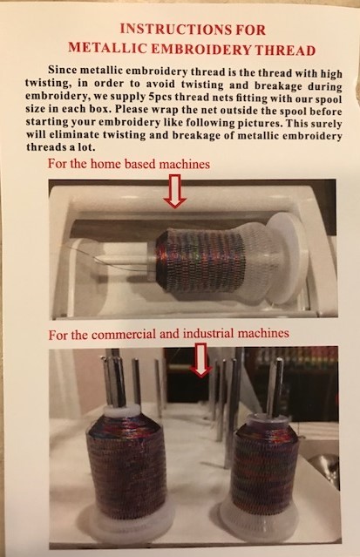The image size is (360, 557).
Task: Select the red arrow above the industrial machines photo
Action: coord(202,359)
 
